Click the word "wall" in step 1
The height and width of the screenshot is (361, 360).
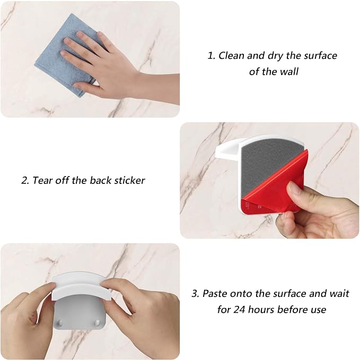(x=289, y=72)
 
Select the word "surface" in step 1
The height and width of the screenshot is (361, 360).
(x=321, y=56)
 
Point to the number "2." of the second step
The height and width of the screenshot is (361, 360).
(x=25, y=180)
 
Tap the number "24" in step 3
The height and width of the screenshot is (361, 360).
(x=239, y=310)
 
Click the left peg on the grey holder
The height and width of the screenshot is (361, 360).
(x=60, y=322)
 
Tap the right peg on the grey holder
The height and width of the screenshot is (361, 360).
(x=98, y=322)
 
